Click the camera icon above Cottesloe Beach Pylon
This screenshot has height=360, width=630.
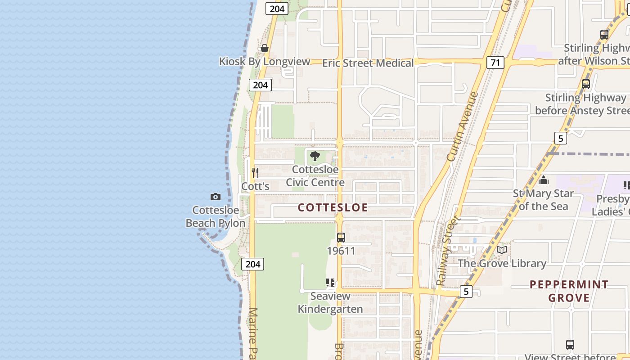[x=216, y=197]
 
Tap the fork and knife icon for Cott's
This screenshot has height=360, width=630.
[x=255, y=172]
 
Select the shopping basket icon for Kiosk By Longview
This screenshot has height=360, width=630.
[x=265, y=48]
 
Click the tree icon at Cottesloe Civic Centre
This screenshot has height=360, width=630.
[x=315, y=156]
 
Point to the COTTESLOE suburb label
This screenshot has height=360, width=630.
[x=333, y=207]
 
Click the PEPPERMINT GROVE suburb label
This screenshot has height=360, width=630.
[x=569, y=291]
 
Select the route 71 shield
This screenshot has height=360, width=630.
[x=495, y=63]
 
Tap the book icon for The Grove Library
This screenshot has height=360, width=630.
[x=502, y=250]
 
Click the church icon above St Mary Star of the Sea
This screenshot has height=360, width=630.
[x=544, y=180]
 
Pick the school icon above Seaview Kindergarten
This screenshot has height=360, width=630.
[x=330, y=283]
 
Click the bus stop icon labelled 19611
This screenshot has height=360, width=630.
[x=341, y=237]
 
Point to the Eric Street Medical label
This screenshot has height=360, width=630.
[x=368, y=63]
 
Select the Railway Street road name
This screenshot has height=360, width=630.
[x=448, y=251]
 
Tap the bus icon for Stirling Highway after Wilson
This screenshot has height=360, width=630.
[x=604, y=34]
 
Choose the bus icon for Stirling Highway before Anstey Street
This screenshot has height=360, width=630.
[x=585, y=84]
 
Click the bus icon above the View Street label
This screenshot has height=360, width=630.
[x=570, y=345]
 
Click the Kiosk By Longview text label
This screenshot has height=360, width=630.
[x=265, y=62]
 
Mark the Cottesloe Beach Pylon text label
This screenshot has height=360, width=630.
[x=216, y=216]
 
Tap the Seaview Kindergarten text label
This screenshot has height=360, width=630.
[x=330, y=302]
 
